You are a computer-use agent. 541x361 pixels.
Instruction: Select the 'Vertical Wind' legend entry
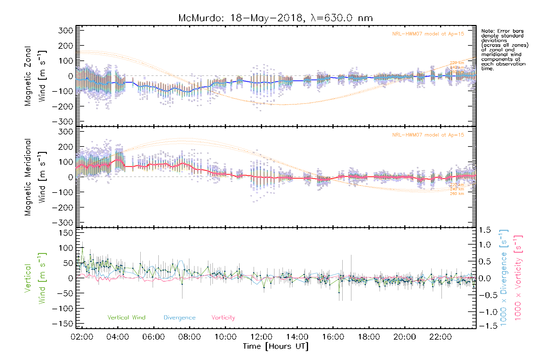(126, 317)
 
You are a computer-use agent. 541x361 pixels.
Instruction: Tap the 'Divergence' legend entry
(179, 318)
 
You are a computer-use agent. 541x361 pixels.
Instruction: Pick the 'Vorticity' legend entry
(223, 317)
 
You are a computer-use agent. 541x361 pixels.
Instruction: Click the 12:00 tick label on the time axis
(261, 337)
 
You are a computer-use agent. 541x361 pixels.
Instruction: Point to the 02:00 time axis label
(82, 337)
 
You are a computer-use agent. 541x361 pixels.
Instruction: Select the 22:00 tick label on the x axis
(441, 337)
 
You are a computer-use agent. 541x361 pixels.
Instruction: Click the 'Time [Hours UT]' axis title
(276, 346)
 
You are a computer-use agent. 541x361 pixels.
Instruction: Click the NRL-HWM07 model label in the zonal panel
(428, 34)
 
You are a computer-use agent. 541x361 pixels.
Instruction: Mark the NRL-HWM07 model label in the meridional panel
(428, 135)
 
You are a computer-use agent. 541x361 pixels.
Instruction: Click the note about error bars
(505, 50)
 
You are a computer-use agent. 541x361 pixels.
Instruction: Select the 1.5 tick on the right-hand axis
(485, 230)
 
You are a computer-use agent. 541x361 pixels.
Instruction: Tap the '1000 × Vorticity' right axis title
(518, 278)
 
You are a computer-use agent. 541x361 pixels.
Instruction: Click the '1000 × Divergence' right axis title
(504, 278)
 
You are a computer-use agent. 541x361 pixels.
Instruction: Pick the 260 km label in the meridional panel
(457, 194)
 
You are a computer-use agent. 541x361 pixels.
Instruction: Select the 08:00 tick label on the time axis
(189, 337)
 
